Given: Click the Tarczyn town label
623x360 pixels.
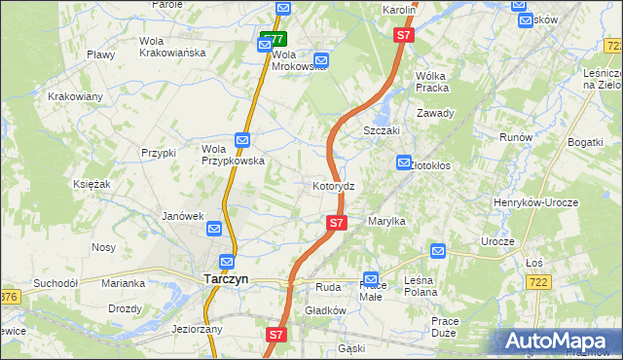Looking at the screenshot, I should click(x=226, y=278).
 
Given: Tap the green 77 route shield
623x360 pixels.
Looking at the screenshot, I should click(x=273, y=40).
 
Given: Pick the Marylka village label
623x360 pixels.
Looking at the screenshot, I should click(x=386, y=221).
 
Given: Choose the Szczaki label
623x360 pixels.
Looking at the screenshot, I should click(x=382, y=130).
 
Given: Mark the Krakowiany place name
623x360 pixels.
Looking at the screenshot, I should click(x=75, y=96).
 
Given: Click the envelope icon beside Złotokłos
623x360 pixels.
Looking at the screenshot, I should click(x=403, y=163).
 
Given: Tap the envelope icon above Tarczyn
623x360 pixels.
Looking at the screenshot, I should click(x=227, y=262).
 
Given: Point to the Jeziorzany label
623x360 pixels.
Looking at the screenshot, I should click(x=197, y=329).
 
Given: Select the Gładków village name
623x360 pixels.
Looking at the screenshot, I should click(x=326, y=310).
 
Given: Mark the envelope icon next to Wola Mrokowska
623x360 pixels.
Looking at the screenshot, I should click(x=321, y=60).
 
